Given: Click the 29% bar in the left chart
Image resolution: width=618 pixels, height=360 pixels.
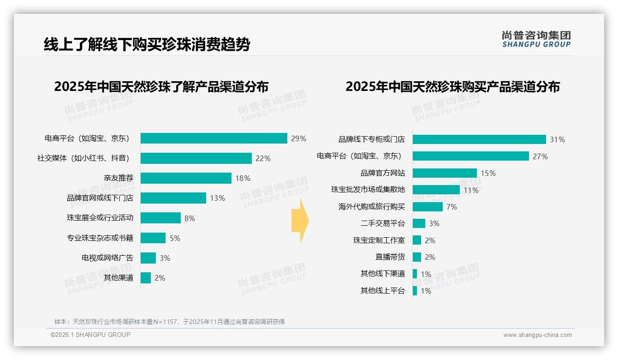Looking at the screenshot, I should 214,138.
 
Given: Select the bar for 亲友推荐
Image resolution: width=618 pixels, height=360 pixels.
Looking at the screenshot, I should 186,178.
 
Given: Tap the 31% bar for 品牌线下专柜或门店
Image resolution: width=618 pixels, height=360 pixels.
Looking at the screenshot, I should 479,139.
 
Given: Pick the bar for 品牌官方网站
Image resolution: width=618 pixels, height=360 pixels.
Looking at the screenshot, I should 445,173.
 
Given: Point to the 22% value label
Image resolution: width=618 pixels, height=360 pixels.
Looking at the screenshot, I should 263,158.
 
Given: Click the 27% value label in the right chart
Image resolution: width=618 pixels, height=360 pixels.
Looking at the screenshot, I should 540,156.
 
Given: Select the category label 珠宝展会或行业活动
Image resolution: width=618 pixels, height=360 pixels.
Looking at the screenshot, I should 100,218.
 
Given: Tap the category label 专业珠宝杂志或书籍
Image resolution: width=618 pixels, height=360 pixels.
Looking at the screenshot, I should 100,238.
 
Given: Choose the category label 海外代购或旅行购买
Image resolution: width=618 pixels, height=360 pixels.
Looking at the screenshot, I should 372,207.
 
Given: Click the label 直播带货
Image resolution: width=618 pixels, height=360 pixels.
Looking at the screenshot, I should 390,257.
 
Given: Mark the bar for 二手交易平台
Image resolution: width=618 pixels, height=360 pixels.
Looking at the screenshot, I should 419,223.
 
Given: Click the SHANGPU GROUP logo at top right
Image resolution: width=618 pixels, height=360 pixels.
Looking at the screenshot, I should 536,39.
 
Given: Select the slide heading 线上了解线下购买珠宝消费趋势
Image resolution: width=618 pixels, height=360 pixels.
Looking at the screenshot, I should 147,45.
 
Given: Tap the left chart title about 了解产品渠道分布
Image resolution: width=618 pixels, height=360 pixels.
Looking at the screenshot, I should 161,87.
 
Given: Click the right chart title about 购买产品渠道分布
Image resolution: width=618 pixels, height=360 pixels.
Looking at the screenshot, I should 452,87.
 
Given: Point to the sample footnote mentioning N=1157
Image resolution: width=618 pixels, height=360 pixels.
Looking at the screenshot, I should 169,322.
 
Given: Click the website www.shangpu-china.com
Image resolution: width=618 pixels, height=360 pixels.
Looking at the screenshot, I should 537,335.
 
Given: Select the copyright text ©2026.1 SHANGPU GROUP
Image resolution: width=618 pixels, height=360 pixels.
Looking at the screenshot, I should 90,335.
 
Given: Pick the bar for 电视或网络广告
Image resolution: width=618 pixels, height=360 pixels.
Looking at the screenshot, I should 148,258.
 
